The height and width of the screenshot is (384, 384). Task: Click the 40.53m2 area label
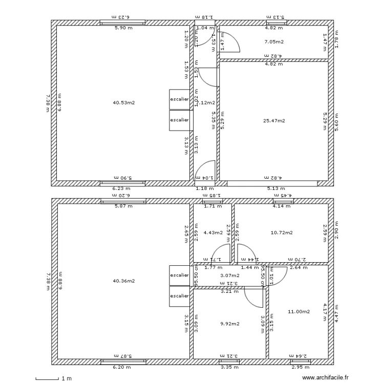[123, 102]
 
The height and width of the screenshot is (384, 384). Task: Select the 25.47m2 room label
[274, 121]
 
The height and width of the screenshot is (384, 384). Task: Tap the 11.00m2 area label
[299, 311]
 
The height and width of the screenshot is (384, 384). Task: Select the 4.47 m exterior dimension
[336, 312]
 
